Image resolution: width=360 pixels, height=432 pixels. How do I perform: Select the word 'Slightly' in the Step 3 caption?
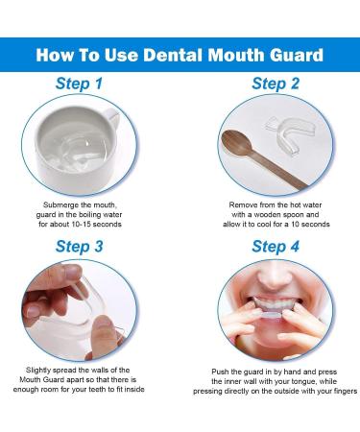[40, 370]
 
